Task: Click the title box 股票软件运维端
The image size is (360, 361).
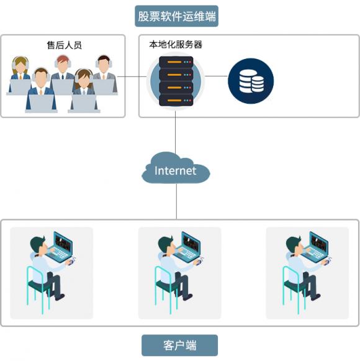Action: click(176, 16)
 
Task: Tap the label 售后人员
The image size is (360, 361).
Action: click(64, 45)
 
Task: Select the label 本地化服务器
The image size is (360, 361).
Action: click(176, 45)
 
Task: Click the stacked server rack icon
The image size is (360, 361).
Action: click(176, 81)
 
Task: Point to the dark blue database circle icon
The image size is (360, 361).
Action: click(251, 81)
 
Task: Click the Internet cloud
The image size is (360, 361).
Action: click(176, 168)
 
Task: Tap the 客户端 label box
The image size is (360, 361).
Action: click(179, 345)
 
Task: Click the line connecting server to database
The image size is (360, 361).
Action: click(216, 76)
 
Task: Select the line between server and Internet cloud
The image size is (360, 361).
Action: click(176, 132)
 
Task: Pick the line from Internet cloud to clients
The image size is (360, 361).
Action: click(177, 201)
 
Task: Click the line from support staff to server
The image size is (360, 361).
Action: click(132, 76)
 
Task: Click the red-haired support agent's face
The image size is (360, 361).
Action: click(63, 66)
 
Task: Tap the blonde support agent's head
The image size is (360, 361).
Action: click(20, 65)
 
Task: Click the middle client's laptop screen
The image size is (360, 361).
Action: click(191, 244)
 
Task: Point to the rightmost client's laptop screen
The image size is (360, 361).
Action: click(319, 244)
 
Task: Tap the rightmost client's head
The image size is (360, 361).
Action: click(294, 245)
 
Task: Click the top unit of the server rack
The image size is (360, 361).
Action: click(176, 62)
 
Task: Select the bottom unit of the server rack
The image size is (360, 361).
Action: click(176, 100)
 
